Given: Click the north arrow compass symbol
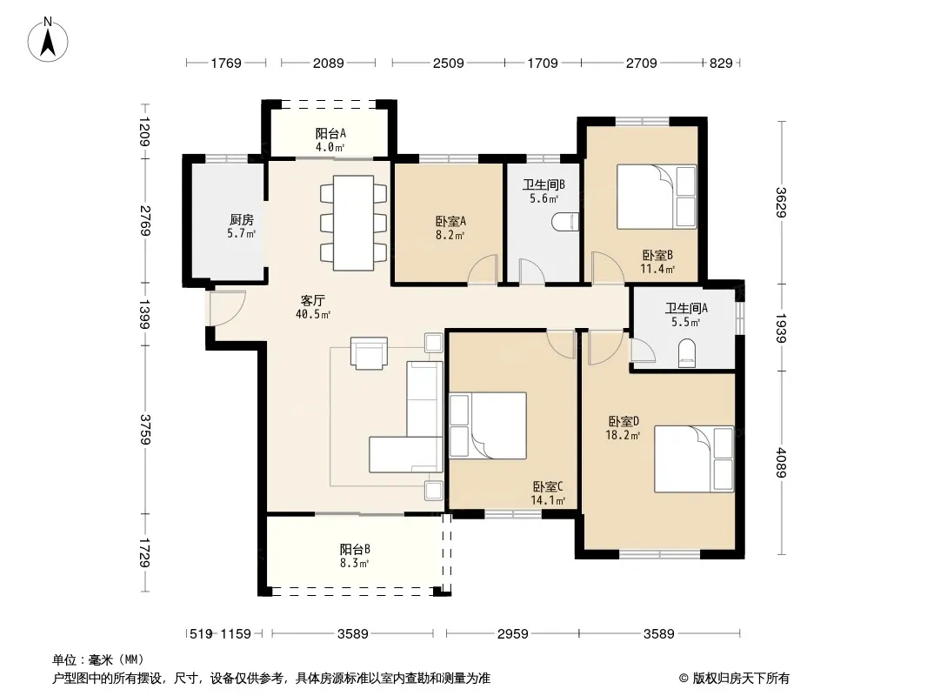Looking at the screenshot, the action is coord(48,40).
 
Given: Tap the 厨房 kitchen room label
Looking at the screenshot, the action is coord(241,219).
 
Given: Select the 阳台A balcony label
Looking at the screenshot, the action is coord(330,134).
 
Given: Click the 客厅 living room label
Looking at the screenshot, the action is coord(313,300).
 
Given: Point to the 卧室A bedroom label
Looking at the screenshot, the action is coord(450,221).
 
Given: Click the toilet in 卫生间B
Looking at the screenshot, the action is coord(565,223).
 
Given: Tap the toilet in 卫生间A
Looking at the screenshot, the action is coord(686,352).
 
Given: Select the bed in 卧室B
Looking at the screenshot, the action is coord(657,197).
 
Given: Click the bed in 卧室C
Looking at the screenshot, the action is coord(488,425).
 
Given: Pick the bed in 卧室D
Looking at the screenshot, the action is coord(694,458).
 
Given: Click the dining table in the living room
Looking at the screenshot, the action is coord(354,223).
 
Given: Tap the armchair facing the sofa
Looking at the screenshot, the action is coord(369,353).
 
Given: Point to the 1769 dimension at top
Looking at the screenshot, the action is coord(226,63).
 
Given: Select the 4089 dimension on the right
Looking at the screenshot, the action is coord(781,463).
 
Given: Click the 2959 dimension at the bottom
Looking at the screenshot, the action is coord(512,634).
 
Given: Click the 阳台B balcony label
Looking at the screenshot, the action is coord(355,549).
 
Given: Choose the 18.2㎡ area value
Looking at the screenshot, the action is coord(623,435).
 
